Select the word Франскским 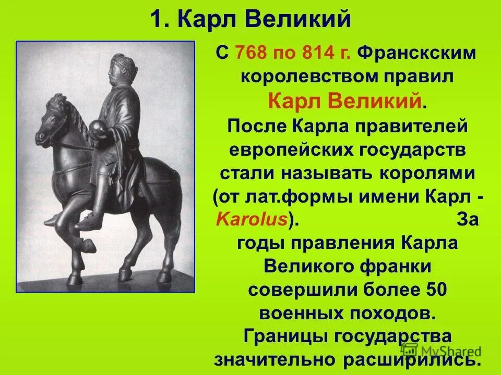(419, 53)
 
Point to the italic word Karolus (251, 219)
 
